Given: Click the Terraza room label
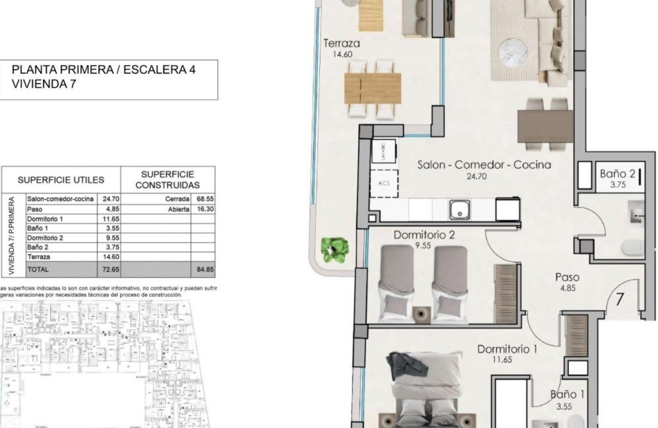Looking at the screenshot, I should pyautogui.click(x=342, y=44).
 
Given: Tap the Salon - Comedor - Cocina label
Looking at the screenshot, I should pyautogui.click(x=484, y=165).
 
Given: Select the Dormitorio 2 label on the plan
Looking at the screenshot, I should pyautogui.click(x=424, y=235).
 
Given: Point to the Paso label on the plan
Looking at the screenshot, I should pyautogui.click(x=567, y=277).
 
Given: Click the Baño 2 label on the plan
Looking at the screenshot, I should pyautogui.click(x=617, y=174).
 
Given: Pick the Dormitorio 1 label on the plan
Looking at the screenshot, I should pyautogui.click(x=508, y=349).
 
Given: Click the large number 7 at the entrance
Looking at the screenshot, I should pyautogui.click(x=620, y=299).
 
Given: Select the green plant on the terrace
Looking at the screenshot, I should pyautogui.click(x=335, y=250).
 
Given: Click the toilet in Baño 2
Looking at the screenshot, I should pyautogui.click(x=633, y=248).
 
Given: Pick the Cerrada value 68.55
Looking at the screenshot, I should pyautogui.click(x=203, y=199).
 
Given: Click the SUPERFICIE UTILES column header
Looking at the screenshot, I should pyautogui.click(x=61, y=180).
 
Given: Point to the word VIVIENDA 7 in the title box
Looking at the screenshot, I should pyautogui.click(x=44, y=85).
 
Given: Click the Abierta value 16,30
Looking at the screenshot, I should pyautogui.click(x=203, y=209).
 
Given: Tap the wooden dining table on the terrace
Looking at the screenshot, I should pyautogui.click(x=372, y=89).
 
